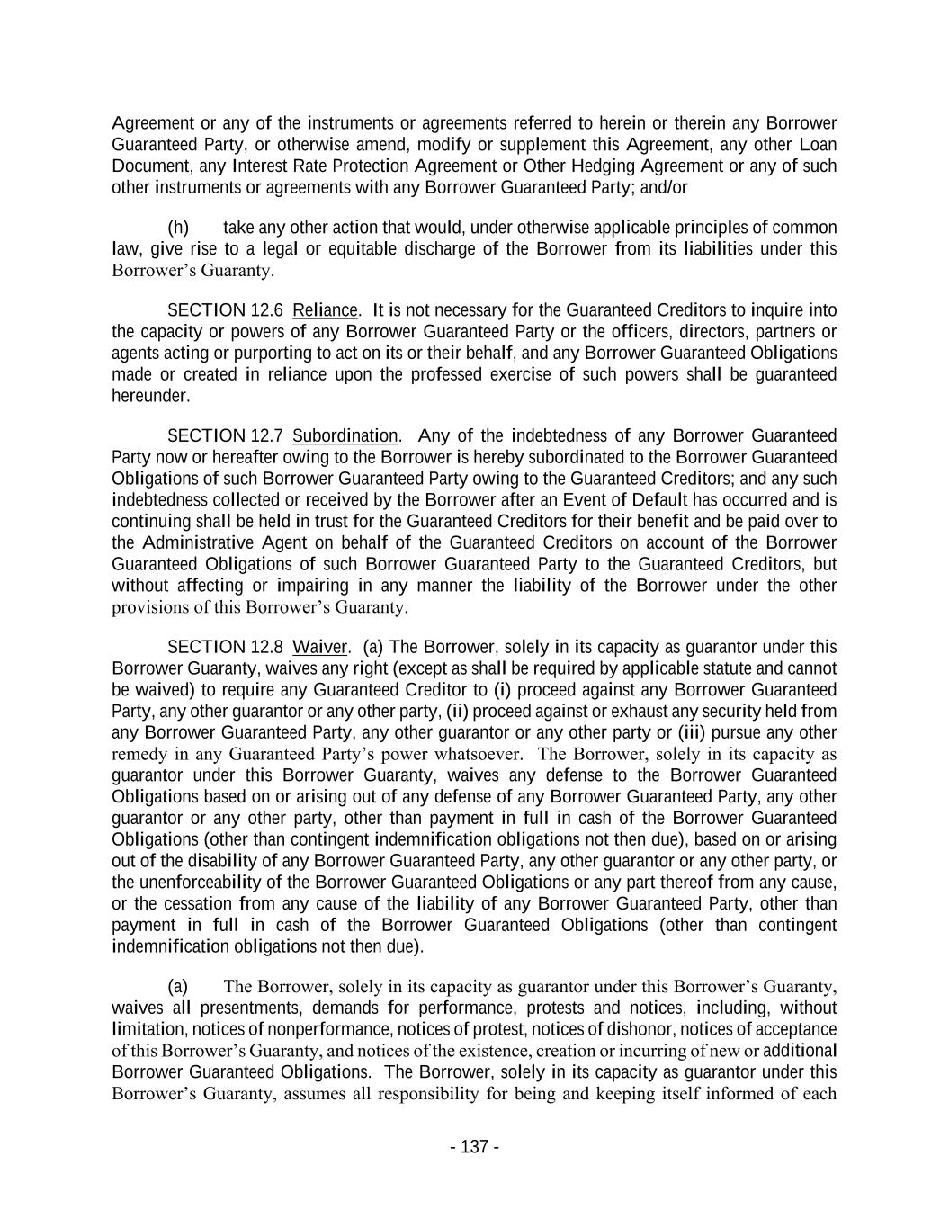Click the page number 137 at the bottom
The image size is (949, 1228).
tap(474, 1147)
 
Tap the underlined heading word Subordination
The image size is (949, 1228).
tap(345, 436)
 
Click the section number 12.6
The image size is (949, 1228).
tap(265, 310)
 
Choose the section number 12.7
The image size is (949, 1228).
tap(265, 436)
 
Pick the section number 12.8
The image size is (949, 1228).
tap(265, 648)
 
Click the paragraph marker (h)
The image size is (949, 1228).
tap(178, 228)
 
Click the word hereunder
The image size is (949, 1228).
tap(150, 396)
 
